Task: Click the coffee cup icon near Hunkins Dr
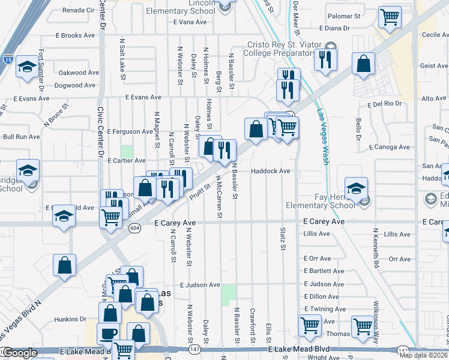[108, 333]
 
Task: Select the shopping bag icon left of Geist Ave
[363, 63]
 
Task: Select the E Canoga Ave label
[389, 146]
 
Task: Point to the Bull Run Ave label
[21, 137]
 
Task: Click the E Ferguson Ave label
[130, 131]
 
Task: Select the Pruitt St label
[199, 191]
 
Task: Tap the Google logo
[20, 353]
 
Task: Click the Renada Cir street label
[79, 10]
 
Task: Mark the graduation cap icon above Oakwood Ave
[27, 67]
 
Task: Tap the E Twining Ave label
[325, 308]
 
